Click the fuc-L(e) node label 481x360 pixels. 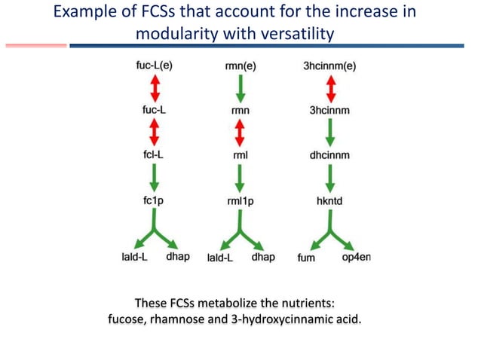point(154,66)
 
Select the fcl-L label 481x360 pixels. point(154,155)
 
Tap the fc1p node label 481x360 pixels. point(154,201)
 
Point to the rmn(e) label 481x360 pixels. point(240,66)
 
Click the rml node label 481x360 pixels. point(240,155)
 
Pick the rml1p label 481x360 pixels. point(240,201)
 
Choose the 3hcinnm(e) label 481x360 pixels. point(329,66)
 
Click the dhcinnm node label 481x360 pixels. point(329,155)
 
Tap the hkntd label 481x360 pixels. point(329,201)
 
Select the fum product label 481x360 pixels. point(306,258)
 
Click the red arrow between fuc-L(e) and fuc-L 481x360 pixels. point(154,88)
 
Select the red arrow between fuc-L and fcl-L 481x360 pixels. point(154,133)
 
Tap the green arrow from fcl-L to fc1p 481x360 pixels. point(154,178)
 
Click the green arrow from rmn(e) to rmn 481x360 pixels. point(240,88)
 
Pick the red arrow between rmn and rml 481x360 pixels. point(240,133)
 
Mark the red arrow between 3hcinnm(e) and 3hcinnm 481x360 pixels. point(329,88)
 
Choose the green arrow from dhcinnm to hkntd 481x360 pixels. point(329,178)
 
